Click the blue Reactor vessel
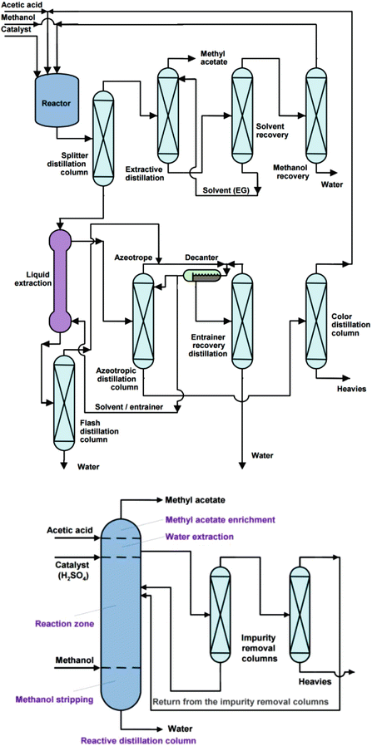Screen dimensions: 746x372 51,102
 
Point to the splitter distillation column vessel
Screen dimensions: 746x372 102,138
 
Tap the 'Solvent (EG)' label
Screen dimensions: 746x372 223,191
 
